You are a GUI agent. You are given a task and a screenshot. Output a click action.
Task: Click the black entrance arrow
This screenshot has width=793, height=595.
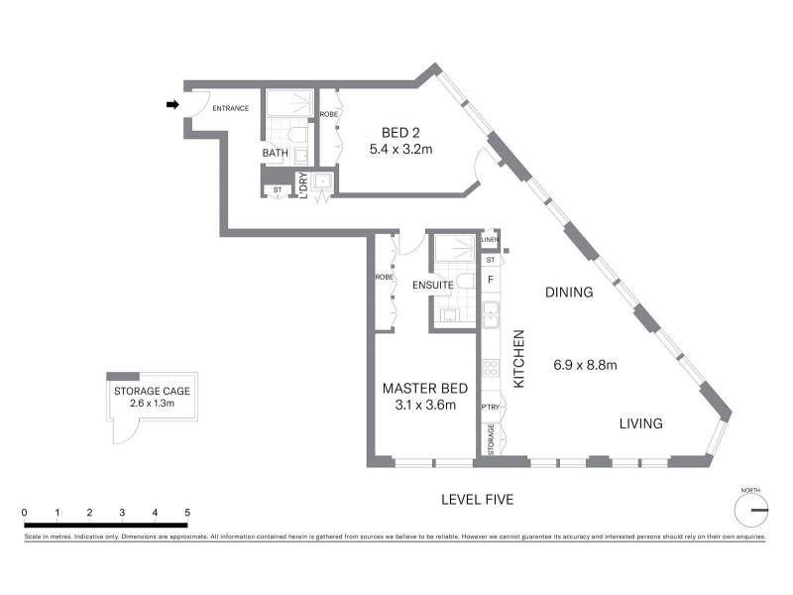(172, 104)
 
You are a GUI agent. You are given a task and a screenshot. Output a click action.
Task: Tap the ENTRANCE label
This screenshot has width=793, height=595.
(231, 108)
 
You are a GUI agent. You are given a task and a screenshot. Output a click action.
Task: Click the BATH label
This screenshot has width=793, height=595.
(275, 154)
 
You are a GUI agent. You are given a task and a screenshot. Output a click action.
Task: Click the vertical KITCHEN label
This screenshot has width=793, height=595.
(517, 358)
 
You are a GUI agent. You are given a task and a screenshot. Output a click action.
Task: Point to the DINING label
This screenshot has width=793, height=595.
(569, 293)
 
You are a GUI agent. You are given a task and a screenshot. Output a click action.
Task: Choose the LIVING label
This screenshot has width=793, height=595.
(640, 423)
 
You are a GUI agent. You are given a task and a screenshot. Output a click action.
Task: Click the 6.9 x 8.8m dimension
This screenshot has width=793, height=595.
(585, 365)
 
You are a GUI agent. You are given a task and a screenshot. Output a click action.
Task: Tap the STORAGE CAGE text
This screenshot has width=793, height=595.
(151, 391)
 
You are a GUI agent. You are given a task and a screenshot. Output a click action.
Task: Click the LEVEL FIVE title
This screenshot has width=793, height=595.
(477, 500)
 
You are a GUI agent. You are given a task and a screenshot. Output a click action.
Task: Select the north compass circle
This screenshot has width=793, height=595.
(751, 510)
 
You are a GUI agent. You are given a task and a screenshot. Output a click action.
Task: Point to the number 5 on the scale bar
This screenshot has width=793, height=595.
(187, 513)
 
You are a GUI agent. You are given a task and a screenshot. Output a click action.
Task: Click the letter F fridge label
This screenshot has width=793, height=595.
(490, 281)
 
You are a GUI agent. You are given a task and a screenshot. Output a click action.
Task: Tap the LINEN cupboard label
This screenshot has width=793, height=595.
(490, 241)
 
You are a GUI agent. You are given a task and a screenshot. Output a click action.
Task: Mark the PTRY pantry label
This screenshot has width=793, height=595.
(490, 408)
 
